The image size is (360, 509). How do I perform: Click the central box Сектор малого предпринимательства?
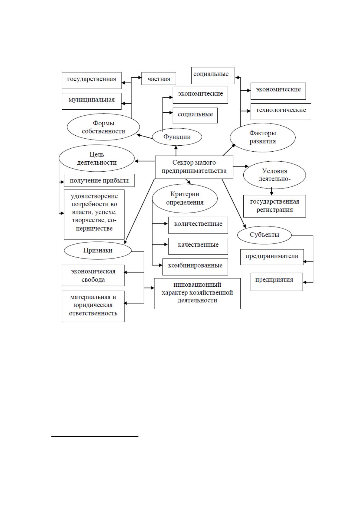point(194,167)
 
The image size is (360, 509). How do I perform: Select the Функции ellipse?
point(177,137)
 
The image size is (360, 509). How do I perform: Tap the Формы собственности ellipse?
point(103,127)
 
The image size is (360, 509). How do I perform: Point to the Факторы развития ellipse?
point(263,137)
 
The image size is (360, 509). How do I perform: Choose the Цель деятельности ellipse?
point(97,158)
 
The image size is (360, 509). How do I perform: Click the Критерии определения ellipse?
point(185,198)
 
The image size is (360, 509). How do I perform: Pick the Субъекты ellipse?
point(264,235)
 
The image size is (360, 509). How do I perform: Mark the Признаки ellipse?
point(98,250)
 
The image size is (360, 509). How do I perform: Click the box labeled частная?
point(159,79)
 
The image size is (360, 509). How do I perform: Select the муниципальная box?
point(92,101)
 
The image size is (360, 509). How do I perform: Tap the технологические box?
point(281,111)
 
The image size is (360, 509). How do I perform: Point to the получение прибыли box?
point(99,180)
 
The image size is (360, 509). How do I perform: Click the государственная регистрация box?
point(274,206)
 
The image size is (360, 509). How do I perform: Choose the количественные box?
point(198,225)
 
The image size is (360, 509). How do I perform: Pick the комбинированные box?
point(195,267)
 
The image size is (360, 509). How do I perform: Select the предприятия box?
point(277,282)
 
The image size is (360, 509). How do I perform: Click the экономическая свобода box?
point(93,275)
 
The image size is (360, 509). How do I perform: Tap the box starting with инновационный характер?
point(197,294)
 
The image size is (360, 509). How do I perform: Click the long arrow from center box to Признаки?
point(140,211)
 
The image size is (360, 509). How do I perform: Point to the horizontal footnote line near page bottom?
point(95,437)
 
